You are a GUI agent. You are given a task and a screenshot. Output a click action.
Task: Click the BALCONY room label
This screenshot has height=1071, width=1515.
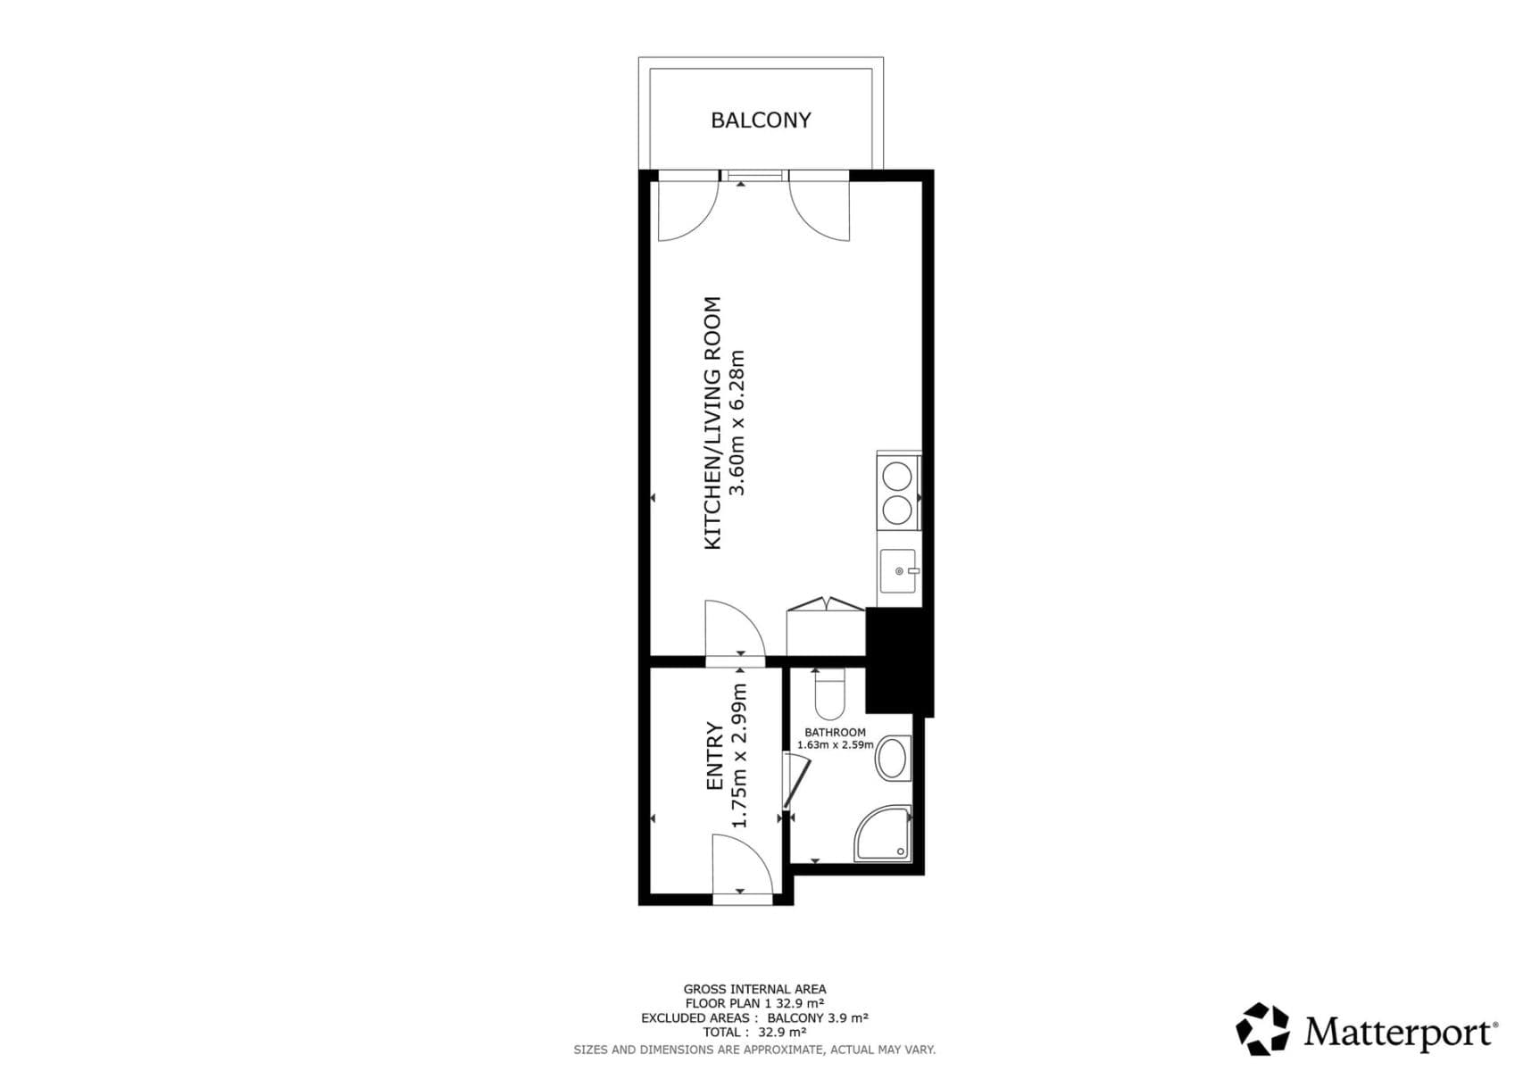pos(761,120)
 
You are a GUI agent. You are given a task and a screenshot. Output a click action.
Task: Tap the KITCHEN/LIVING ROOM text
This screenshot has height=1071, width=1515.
pos(712,422)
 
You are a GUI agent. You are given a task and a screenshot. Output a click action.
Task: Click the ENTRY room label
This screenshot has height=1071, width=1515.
pos(714,756)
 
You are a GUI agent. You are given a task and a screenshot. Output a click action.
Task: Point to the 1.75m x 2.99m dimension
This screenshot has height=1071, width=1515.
pos(739,756)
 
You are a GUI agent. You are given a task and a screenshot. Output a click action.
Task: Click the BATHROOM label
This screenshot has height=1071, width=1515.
pos(835,732)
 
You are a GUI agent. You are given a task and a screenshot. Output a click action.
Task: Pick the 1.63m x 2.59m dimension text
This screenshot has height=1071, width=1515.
pos(835,744)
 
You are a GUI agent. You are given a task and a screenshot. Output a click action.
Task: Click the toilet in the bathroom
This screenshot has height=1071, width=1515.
pos(829,696)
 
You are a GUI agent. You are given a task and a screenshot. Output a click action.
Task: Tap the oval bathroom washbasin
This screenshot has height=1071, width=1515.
pos(891,759)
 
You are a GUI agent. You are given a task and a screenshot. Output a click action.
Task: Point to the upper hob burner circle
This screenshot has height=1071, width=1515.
pos(897,476)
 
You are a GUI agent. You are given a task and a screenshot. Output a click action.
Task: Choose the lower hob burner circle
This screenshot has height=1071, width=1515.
pos(897,511)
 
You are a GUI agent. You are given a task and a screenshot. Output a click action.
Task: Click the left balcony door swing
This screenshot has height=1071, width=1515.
pos(685,211)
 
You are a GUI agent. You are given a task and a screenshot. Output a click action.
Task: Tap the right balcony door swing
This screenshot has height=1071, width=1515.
pos(820,211)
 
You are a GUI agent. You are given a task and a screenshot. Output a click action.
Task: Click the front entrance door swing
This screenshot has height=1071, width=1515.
pos(741,863)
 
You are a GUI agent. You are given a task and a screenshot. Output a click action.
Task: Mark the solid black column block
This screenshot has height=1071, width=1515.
pos(898,660)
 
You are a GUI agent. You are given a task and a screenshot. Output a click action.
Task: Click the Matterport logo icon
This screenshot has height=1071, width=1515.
pos(1262,1029)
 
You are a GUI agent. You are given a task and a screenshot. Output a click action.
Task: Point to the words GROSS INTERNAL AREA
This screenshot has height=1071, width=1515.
pos(754,989)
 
